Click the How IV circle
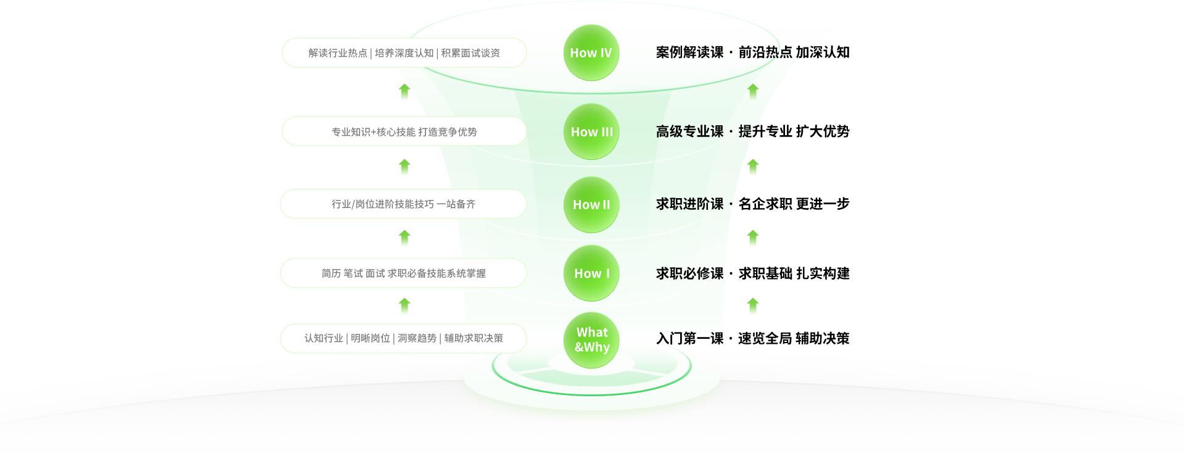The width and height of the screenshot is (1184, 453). click(591, 53)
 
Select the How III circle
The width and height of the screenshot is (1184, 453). click(591, 131)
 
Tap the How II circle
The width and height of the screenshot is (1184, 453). click(591, 204)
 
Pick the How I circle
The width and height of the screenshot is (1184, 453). click(591, 273)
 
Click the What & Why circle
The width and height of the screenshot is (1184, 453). click(591, 340)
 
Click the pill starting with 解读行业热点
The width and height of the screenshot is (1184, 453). click(404, 53)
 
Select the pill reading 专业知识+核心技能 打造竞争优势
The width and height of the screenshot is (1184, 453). click(404, 131)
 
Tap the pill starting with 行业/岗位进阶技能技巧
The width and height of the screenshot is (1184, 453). click(403, 204)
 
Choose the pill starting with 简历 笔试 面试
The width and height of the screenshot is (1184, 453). click(403, 273)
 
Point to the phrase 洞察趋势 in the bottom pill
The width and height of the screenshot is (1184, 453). click(417, 338)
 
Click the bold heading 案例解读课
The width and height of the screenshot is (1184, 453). click(689, 52)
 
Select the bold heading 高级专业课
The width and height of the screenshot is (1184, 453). click(689, 131)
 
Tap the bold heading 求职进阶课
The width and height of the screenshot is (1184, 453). click(689, 204)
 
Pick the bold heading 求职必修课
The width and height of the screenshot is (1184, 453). click(689, 273)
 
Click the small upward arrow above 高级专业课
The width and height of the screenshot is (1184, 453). click(753, 92)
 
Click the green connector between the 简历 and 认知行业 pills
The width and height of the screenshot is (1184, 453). click(405, 306)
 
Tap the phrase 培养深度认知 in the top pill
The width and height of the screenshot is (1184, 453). click(404, 53)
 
